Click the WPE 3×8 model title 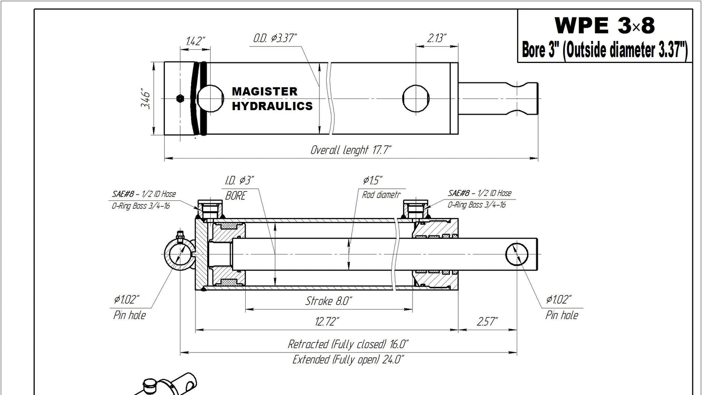coord(604,25)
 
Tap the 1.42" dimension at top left coord(195,41)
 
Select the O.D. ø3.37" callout coord(275,38)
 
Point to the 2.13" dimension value coord(437,38)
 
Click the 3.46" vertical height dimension coord(145,99)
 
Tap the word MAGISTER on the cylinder coord(265,92)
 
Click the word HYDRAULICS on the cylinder coord(272,106)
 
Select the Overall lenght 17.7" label coord(351,150)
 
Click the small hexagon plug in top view coord(180,99)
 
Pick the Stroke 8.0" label coord(329,301)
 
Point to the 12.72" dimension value coord(327,321)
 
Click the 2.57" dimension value coord(487,321)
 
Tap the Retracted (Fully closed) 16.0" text coord(348,344)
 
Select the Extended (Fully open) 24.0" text coord(348,359)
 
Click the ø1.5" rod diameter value coord(372,180)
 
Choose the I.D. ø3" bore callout coord(239,180)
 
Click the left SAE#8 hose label coord(144,194)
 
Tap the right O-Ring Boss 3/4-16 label coord(476,205)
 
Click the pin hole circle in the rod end coord(517,254)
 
